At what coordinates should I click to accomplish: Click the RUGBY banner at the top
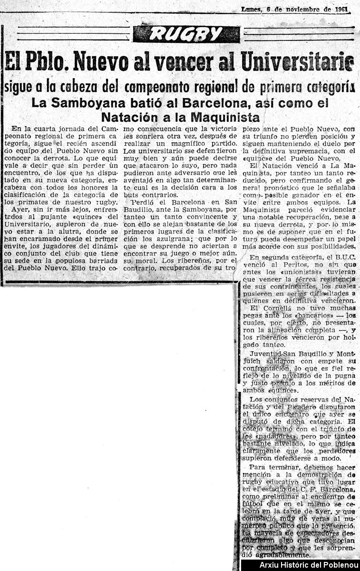[x=186, y=33]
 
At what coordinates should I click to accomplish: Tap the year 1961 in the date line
[x=341, y=9]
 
